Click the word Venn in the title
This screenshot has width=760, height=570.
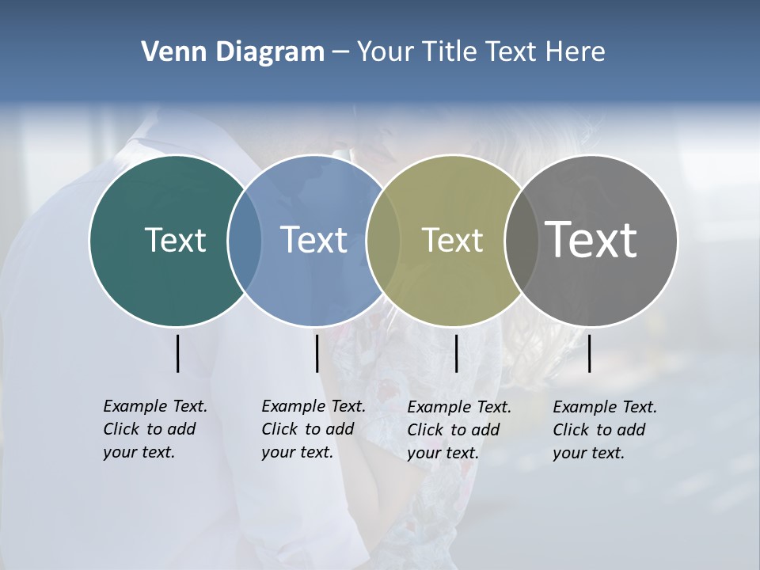[168, 51]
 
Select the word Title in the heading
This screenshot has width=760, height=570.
[450, 51]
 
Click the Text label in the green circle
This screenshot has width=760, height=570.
[175, 240]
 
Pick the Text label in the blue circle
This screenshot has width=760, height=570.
[313, 240]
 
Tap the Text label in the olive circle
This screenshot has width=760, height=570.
[452, 240]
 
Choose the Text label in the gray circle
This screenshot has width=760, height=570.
[591, 240]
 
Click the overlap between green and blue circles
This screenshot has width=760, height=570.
[245, 240]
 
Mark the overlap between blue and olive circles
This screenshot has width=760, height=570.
[383, 240]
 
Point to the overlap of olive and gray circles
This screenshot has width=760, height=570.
[521, 240]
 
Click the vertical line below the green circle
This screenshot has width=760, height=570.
[178, 353]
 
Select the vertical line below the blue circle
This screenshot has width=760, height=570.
[317, 353]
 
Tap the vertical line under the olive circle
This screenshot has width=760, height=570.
[457, 353]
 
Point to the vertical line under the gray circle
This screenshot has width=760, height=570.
[590, 353]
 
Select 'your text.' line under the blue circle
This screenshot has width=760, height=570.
[297, 453]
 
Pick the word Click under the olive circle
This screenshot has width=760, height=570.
[425, 430]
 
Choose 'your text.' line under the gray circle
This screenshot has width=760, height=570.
[588, 454]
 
